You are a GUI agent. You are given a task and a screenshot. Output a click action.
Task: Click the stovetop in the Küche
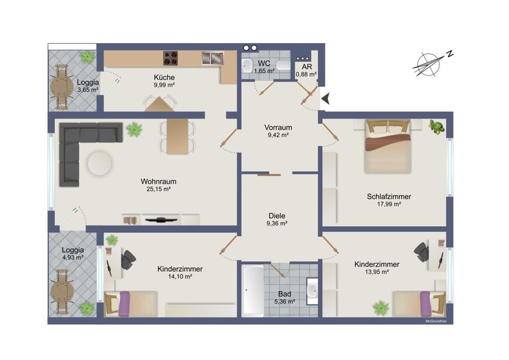tap(170, 58)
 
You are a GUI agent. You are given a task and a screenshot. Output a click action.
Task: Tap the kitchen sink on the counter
tap(213, 58)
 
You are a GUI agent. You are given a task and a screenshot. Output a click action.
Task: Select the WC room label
tap(264, 63)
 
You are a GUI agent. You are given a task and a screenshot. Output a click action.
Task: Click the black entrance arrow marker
tap(326, 98)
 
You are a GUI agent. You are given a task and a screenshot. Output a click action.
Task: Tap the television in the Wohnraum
tap(161, 220)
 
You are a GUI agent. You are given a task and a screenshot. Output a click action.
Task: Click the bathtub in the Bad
tap(253, 290)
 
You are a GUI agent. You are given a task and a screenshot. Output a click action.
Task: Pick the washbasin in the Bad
tap(313, 291)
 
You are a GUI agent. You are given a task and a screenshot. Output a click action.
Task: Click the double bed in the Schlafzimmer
tap(388, 147)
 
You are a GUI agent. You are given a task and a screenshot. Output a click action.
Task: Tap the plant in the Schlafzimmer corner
tap(437, 127)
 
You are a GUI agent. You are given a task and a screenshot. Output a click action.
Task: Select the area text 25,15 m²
tap(158, 189)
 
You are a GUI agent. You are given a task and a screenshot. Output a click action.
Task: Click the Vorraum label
tap(278, 127)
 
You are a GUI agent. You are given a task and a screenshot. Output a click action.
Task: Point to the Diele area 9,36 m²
tap(277, 223)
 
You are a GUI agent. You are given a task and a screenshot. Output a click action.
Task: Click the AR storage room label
tap(307, 66)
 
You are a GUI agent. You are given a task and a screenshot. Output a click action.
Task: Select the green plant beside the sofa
tap(134, 129)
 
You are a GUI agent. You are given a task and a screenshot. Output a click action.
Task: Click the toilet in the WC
tap(284, 66)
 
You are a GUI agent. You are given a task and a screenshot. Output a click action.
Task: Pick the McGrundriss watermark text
tap(436, 322)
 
